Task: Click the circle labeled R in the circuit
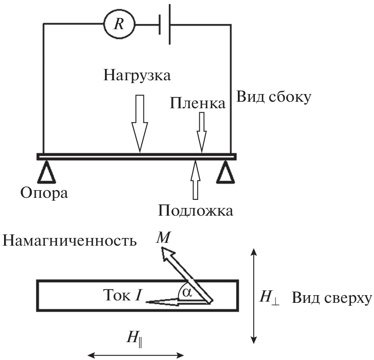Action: pyautogui.click(x=118, y=25)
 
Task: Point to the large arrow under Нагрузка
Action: pyautogui.click(x=139, y=123)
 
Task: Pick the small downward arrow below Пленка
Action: pyautogui.click(x=201, y=132)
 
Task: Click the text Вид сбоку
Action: pyautogui.click(x=274, y=97)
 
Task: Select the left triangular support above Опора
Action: pyautogui.click(x=47, y=172)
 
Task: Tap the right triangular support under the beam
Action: pyautogui.click(x=226, y=172)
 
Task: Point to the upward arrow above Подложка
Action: pyautogui.click(x=195, y=181)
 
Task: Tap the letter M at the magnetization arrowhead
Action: pyautogui.click(x=164, y=238)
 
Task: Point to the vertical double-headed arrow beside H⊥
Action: pyautogui.click(x=254, y=296)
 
